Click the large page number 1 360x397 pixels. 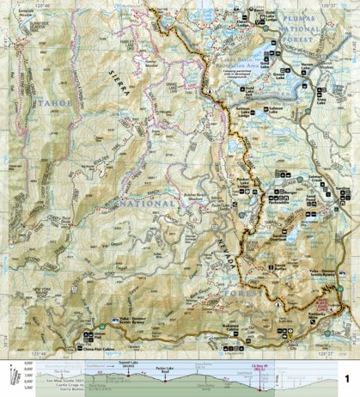[346, 377]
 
